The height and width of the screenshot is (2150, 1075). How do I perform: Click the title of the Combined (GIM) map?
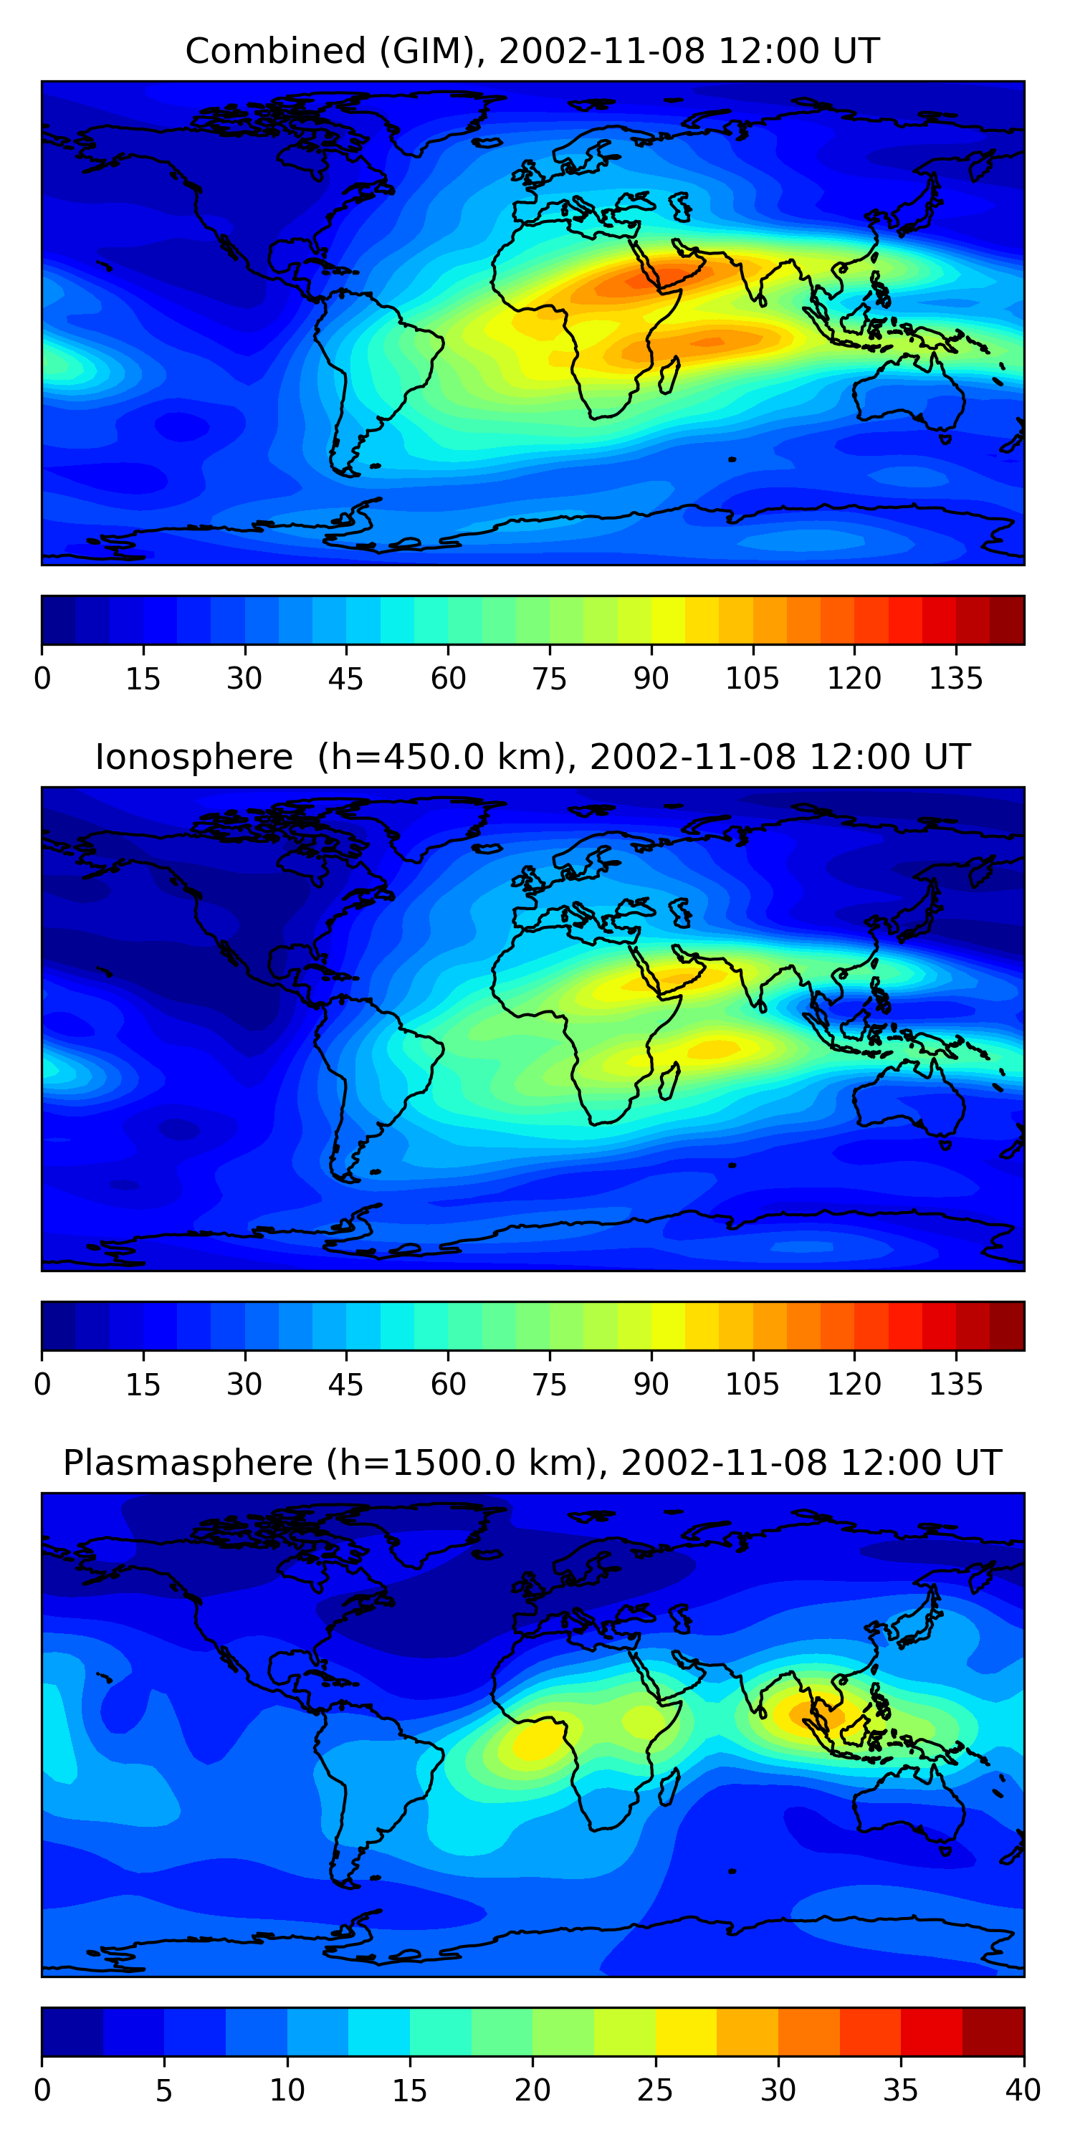coord(532,51)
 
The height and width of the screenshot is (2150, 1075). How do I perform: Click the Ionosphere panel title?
coord(532,757)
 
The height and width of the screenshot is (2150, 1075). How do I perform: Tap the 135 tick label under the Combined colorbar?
coord(955,679)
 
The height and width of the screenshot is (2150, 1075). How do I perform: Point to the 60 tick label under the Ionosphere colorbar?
coord(448,1385)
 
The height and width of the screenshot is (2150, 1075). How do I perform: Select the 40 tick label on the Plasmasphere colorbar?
coord(1023,2091)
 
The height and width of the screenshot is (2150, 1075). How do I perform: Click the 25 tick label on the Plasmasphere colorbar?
coord(655,2091)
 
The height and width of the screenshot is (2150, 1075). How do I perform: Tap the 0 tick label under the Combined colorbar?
coord(42,679)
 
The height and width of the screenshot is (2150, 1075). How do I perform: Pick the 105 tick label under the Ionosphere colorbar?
coord(752,1385)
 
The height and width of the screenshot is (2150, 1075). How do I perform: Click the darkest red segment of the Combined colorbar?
coord(1007,620)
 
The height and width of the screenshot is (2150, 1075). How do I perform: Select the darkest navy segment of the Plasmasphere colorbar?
coord(72,2032)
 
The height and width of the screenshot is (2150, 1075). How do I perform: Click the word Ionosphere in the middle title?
coord(193,757)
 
